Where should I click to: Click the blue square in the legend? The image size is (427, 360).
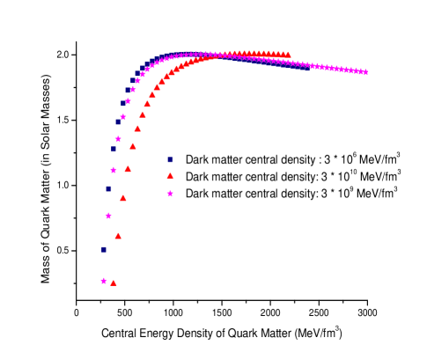[170, 160]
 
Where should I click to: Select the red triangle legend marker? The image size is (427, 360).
[170, 176]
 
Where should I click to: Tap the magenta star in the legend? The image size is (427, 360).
[170, 194]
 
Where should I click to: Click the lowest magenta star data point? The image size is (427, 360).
[104, 282]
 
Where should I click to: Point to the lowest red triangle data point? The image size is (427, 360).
[114, 283]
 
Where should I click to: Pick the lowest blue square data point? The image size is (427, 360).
[104, 249]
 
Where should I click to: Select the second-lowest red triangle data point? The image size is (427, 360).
[118, 236]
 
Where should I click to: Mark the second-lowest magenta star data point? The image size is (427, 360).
[108, 216]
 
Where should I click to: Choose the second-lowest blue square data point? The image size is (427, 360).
[108, 188]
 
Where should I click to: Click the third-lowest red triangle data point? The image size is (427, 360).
[123, 198]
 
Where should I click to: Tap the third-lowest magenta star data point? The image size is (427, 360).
[114, 170]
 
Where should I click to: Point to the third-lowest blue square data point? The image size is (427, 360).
[114, 149]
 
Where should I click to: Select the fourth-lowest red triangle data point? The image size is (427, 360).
[128, 169]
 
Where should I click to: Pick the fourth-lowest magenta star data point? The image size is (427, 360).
[118, 139]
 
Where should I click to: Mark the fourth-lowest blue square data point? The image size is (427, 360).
[118, 121]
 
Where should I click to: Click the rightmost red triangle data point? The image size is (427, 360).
[288, 55]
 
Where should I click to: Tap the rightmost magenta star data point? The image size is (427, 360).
[365, 72]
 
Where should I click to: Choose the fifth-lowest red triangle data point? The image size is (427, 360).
[133, 146]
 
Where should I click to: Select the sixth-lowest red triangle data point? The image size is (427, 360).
[137, 129]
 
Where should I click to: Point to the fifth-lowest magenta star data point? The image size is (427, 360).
[123, 117]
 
